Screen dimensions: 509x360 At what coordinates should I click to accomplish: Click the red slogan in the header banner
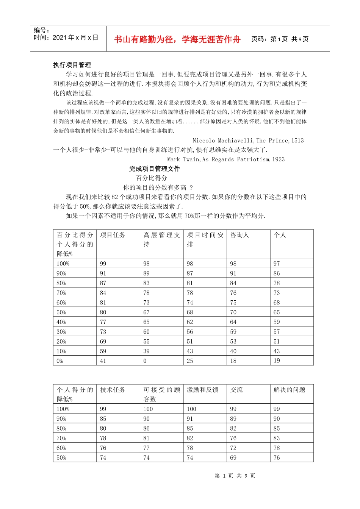[x=177, y=39]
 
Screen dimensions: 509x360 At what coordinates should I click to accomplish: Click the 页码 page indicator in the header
[x=280, y=39]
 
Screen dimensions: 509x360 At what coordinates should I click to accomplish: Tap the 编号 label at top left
[x=41, y=30]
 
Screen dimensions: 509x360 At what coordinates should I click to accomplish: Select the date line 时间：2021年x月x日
[x=66, y=37]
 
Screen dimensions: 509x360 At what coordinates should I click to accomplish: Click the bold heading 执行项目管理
[x=72, y=65]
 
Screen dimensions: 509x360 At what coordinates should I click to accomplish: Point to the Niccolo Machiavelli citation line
[x=248, y=141]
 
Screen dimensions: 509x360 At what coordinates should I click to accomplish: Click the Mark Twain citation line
[x=225, y=159]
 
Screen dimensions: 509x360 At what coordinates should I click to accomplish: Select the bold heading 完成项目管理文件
[x=154, y=169]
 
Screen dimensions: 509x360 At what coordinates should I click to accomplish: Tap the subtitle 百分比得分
[x=152, y=178]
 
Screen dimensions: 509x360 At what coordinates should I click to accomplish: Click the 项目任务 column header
[x=113, y=235]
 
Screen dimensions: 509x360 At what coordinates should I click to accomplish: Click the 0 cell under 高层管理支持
[x=145, y=361]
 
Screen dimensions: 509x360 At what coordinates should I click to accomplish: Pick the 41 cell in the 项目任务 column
[x=103, y=361]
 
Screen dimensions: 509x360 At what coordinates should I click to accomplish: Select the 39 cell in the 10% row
[x=146, y=351]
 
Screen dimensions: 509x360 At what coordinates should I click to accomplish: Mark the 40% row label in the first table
[x=61, y=322]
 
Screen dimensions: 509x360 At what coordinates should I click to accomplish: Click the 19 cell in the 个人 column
[x=277, y=361]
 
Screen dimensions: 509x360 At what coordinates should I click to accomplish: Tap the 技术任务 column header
[x=113, y=390]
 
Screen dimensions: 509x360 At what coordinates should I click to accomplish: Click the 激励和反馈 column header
[x=202, y=390]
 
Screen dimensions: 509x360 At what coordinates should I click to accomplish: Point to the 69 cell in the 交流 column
[x=233, y=457]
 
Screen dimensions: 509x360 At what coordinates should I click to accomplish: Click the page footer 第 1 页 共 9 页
[x=235, y=476]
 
